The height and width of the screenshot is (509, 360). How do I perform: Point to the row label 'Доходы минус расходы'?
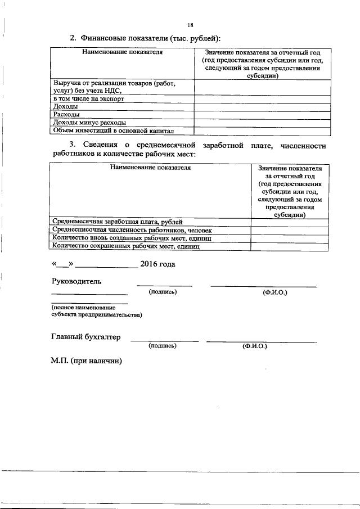[x=88, y=122]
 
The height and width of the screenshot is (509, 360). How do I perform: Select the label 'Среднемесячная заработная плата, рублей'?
[x=117, y=222]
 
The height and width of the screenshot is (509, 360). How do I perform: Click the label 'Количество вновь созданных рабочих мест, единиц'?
[x=132, y=238]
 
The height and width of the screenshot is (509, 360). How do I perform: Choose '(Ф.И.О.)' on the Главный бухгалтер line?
[x=255, y=346]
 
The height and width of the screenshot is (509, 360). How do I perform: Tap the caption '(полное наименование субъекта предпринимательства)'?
[x=96, y=312]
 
